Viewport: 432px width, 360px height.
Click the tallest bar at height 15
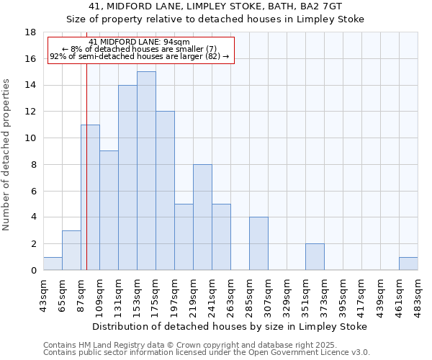pos(146,171)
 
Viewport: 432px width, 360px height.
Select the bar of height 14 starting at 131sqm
pos(127,178)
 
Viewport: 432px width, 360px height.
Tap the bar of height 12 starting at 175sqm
pos(165,191)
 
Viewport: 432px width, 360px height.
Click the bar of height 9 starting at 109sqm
pos(109,210)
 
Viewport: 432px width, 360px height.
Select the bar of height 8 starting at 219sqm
pos(202,217)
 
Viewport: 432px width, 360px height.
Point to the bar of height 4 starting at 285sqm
pos(258,243)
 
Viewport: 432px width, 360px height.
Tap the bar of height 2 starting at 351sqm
pos(315,257)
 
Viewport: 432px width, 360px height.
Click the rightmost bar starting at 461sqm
pos(408,264)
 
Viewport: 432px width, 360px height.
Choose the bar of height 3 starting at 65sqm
pos(71,251)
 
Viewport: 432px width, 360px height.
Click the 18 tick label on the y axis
pos(30,32)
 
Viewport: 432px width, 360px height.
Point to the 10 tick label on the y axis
pos(30,138)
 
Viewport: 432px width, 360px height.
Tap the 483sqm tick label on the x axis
pos(418,294)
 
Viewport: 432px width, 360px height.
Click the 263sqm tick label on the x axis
pos(231,294)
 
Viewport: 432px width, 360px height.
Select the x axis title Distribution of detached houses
pos(230,326)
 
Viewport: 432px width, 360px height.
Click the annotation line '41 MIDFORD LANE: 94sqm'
pos(140,42)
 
